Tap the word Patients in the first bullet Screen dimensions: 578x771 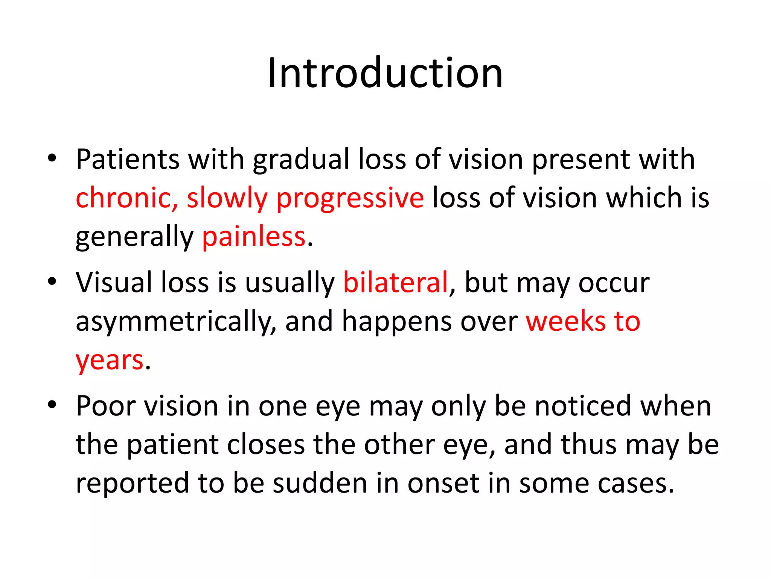(127, 160)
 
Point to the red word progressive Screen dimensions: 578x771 (350, 199)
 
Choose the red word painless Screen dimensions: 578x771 (254, 237)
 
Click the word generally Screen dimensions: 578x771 (134, 238)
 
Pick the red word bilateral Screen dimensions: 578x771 (395, 282)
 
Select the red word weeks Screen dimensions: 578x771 (564, 321)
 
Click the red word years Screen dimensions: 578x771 (110, 360)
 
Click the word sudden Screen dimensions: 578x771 (320, 483)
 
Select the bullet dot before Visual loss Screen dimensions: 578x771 (52, 281)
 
